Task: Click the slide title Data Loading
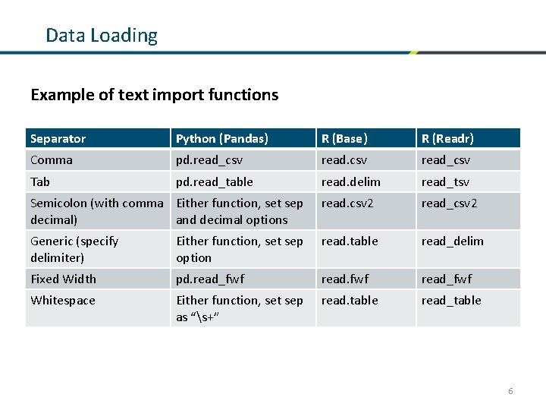point(102,36)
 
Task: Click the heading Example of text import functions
point(154,95)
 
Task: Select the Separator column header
point(58,139)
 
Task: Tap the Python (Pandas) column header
point(222,139)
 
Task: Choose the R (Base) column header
point(344,139)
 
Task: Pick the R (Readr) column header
point(447,139)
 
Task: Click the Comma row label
point(52,160)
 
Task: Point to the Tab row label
point(40,182)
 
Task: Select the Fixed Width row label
point(63,279)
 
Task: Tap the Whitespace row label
point(63,301)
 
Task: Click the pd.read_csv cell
point(209,160)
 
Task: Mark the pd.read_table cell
point(215,182)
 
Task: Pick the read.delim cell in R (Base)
point(351,182)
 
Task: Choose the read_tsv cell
point(446,182)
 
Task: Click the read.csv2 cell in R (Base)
point(347,203)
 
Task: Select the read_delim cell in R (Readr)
point(453,241)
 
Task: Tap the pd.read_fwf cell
point(210,279)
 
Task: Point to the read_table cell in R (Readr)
point(451,301)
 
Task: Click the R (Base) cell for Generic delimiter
point(350,241)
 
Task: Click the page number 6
point(510,391)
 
